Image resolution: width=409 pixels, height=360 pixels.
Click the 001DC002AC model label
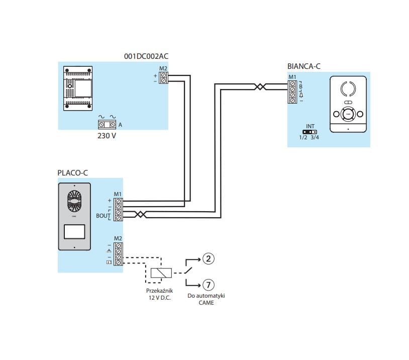146,56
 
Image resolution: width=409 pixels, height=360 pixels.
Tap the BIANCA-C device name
303,66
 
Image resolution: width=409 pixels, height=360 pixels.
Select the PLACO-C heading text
73,173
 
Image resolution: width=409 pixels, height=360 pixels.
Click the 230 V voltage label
107,135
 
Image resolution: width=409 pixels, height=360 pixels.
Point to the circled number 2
209,259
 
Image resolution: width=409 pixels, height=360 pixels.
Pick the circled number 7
209,285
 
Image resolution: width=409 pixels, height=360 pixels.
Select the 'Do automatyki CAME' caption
206,299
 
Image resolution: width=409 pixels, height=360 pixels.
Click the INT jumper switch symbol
310,132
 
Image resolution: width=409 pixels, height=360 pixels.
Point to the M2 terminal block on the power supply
163,78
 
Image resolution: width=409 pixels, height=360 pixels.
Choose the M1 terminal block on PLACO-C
118,210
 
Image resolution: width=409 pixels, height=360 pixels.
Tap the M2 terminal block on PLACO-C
118,254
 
